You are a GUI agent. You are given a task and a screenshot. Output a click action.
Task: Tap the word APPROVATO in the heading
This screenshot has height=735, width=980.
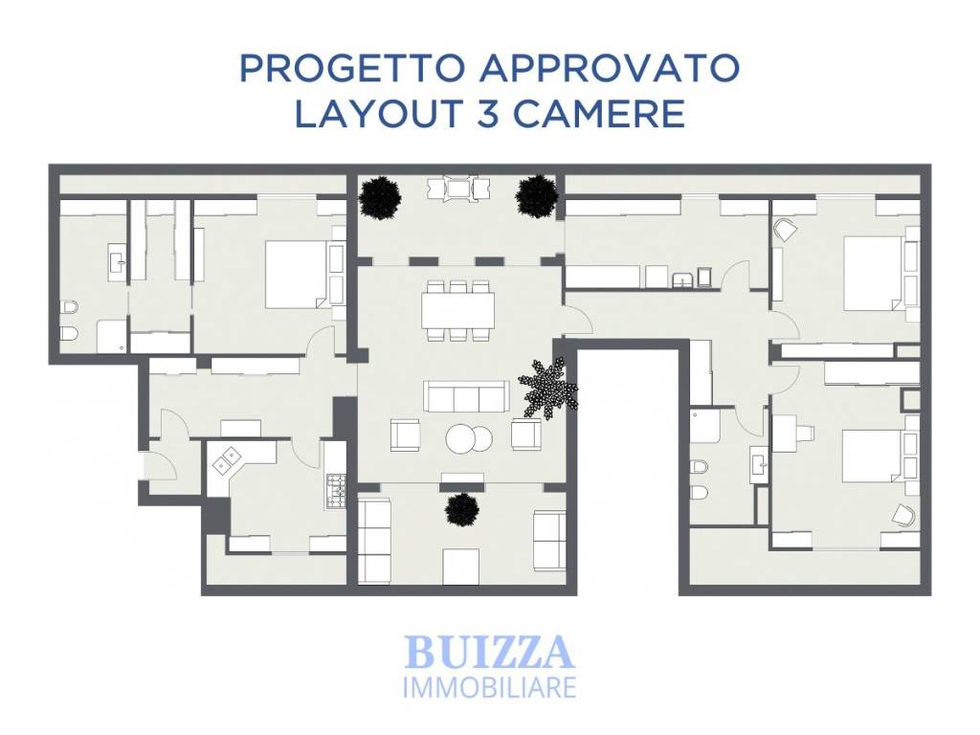pyautogui.click(x=610, y=68)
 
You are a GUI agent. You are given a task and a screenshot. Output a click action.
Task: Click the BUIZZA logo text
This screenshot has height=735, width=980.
pyautogui.click(x=489, y=652)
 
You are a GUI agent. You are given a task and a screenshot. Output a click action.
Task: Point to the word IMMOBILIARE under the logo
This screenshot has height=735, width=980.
pyautogui.click(x=489, y=686)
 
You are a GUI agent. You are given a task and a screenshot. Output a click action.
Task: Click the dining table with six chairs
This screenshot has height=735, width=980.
pyautogui.click(x=458, y=311)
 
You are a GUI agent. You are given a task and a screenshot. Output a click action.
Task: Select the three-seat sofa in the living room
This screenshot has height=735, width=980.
pyautogui.click(x=466, y=396)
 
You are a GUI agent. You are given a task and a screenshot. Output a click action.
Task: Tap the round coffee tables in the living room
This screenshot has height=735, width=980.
pyautogui.click(x=469, y=438)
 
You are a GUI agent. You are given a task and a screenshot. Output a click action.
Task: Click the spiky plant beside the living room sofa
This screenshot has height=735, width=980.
pyautogui.click(x=548, y=388)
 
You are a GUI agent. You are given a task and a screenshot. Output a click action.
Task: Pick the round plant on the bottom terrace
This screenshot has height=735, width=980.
pyautogui.click(x=462, y=509)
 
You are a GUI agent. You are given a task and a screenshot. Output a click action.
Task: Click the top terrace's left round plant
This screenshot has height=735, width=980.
pyautogui.click(x=380, y=197)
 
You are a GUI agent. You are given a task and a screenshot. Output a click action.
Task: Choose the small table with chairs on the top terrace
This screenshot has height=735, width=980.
pyautogui.click(x=458, y=189)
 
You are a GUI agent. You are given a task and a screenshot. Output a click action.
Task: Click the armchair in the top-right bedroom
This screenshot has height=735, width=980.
pyautogui.click(x=786, y=230)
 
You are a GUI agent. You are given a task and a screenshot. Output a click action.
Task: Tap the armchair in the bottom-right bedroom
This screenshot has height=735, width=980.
pyautogui.click(x=902, y=514)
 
